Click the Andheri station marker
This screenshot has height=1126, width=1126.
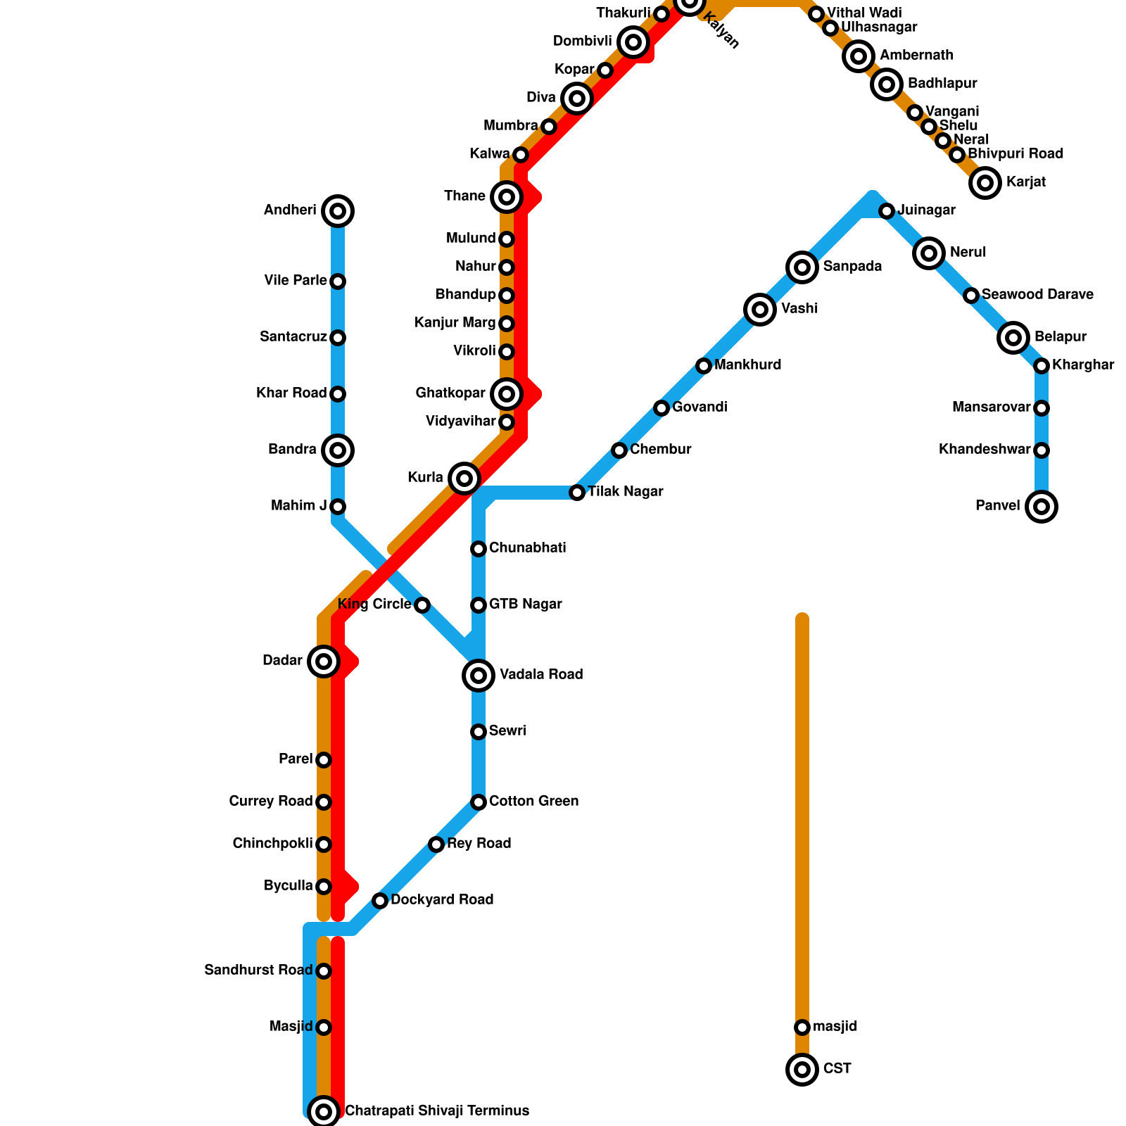(x=338, y=211)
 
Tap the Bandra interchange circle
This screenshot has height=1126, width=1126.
(x=338, y=450)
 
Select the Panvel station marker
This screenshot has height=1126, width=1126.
(x=1042, y=507)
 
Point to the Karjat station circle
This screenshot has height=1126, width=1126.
(x=985, y=183)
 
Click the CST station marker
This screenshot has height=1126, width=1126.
(x=802, y=1070)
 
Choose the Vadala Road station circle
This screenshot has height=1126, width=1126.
(x=479, y=676)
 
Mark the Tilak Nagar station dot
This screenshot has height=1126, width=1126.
(x=577, y=493)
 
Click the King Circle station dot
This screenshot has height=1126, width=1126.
(x=422, y=605)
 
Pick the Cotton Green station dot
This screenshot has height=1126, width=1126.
(x=479, y=802)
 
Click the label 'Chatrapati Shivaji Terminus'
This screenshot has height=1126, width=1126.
(x=437, y=1111)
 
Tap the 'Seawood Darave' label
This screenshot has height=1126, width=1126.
(x=1037, y=295)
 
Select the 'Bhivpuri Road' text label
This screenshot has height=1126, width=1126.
(x=1015, y=154)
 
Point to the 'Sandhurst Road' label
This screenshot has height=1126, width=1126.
(x=258, y=970)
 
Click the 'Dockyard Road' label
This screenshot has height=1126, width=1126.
(x=442, y=900)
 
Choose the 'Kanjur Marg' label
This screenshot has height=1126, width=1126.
(x=455, y=323)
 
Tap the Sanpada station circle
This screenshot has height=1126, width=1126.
(x=802, y=267)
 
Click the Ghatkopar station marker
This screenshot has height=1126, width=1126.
(x=507, y=394)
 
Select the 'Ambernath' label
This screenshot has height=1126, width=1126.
(x=916, y=56)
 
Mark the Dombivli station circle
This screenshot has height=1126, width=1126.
(x=633, y=42)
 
